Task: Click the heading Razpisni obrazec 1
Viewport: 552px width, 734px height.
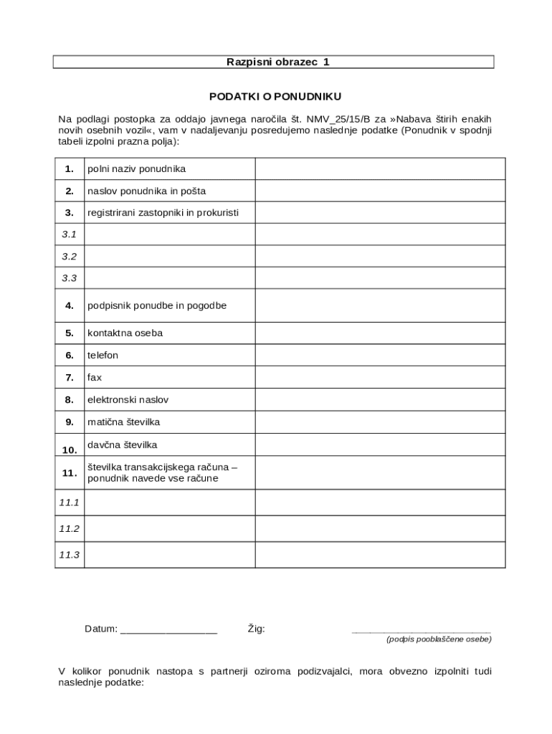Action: [277, 62]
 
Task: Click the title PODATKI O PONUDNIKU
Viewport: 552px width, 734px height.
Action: [275, 96]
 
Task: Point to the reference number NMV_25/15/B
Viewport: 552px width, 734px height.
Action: [338, 119]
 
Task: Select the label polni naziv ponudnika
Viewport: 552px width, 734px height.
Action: [137, 169]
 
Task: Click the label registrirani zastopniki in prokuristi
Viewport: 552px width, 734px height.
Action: [163, 213]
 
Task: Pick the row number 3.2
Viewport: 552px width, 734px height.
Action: [70, 256]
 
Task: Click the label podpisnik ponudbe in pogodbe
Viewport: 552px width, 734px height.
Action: [157, 305]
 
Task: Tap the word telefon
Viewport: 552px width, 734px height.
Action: [103, 356]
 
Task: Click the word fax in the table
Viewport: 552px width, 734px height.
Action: [95, 377]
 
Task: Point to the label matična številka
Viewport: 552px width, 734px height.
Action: [123, 422]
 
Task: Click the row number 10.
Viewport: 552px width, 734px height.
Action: [70, 450]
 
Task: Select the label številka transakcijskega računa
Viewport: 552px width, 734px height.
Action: [161, 467]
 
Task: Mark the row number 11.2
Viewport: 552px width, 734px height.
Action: [70, 528]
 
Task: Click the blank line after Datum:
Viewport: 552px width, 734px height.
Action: [169, 630]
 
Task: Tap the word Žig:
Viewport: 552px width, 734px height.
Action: [256, 629]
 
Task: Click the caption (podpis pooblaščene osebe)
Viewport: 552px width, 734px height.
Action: [439, 639]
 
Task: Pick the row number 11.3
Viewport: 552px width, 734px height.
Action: [70, 555]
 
